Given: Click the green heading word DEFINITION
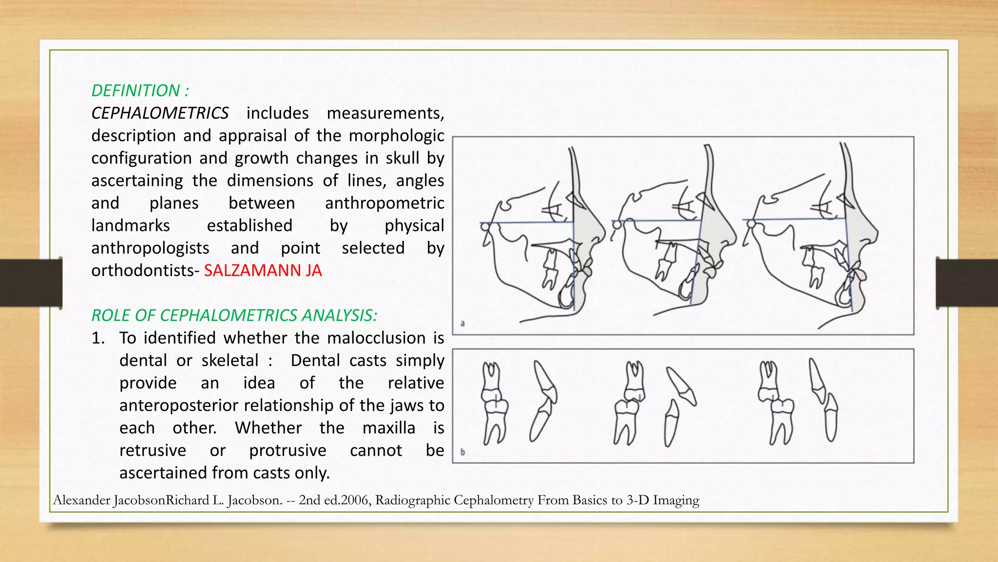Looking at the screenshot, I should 135,91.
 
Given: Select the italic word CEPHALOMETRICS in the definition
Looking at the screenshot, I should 160,113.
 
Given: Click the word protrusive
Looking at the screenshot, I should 288,450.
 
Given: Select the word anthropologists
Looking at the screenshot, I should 150,248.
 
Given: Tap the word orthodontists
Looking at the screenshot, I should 143,271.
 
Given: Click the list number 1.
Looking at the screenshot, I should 98,338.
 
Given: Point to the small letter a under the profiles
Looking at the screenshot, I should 462,323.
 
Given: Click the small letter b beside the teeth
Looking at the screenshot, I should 462,452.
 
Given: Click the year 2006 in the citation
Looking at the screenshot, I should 354,500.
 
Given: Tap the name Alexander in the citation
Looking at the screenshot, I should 81,500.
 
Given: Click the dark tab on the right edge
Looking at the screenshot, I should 967,283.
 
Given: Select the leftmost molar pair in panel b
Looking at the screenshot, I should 495,403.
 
